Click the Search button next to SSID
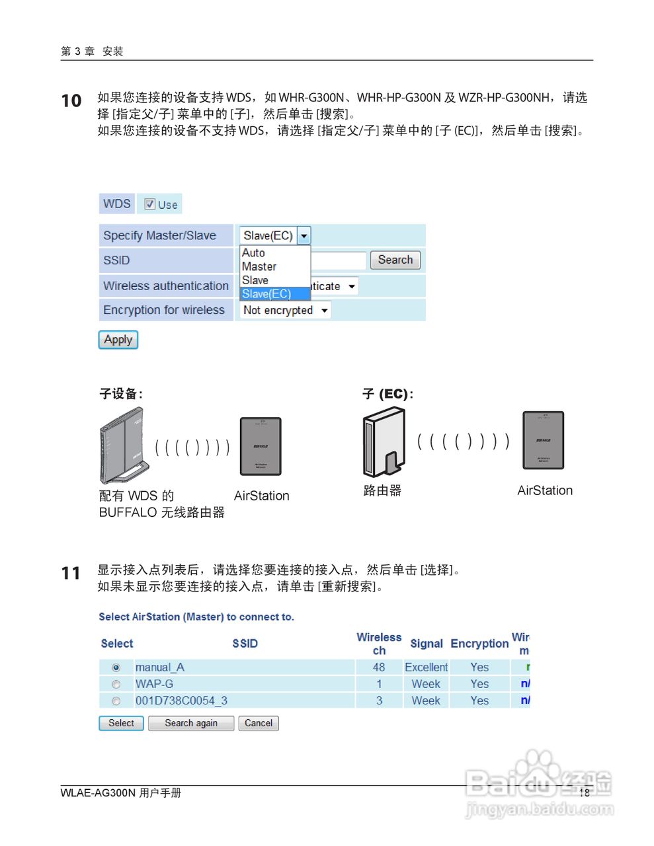(395, 260)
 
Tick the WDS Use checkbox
(150, 204)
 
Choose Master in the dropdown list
(259, 266)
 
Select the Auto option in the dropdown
(253, 252)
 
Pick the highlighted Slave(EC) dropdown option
(267, 294)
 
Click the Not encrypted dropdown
(285, 310)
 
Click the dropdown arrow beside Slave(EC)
(304, 236)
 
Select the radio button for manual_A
(116, 668)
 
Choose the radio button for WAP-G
(116, 684)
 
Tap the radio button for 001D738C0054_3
(116, 701)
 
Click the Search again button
(191, 723)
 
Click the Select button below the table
(121, 723)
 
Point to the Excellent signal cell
(426, 668)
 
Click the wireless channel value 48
(379, 668)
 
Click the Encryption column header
(479, 643)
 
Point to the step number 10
(71, 101)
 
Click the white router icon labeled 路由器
(384, 442)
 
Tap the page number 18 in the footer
(584, 792)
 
